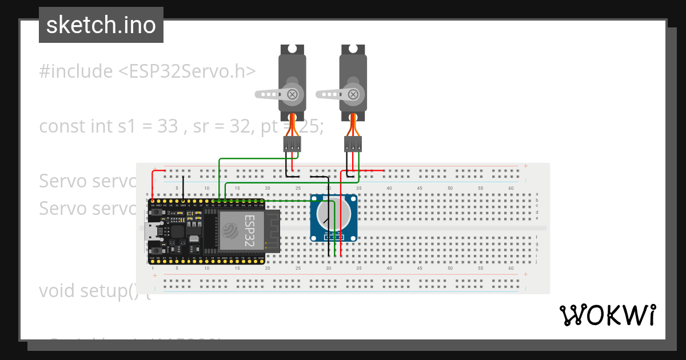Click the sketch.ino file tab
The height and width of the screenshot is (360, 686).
[x=101, y=25]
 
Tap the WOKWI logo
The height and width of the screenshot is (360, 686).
[x=607, y=315]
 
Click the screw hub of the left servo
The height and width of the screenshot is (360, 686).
[x=293, y=94]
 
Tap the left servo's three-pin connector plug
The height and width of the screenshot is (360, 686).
[x=292, y=145]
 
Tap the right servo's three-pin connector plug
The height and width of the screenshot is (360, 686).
[x=353, y=145]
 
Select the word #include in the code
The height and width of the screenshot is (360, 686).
[x=76, y=71]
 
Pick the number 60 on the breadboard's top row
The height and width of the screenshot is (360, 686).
[x=510, y=188]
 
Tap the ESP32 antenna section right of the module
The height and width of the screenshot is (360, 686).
[x=272, y=230]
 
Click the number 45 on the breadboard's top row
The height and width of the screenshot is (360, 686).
[x=420, y=188]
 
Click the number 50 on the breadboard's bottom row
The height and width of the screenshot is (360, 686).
[x=450, y=268]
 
